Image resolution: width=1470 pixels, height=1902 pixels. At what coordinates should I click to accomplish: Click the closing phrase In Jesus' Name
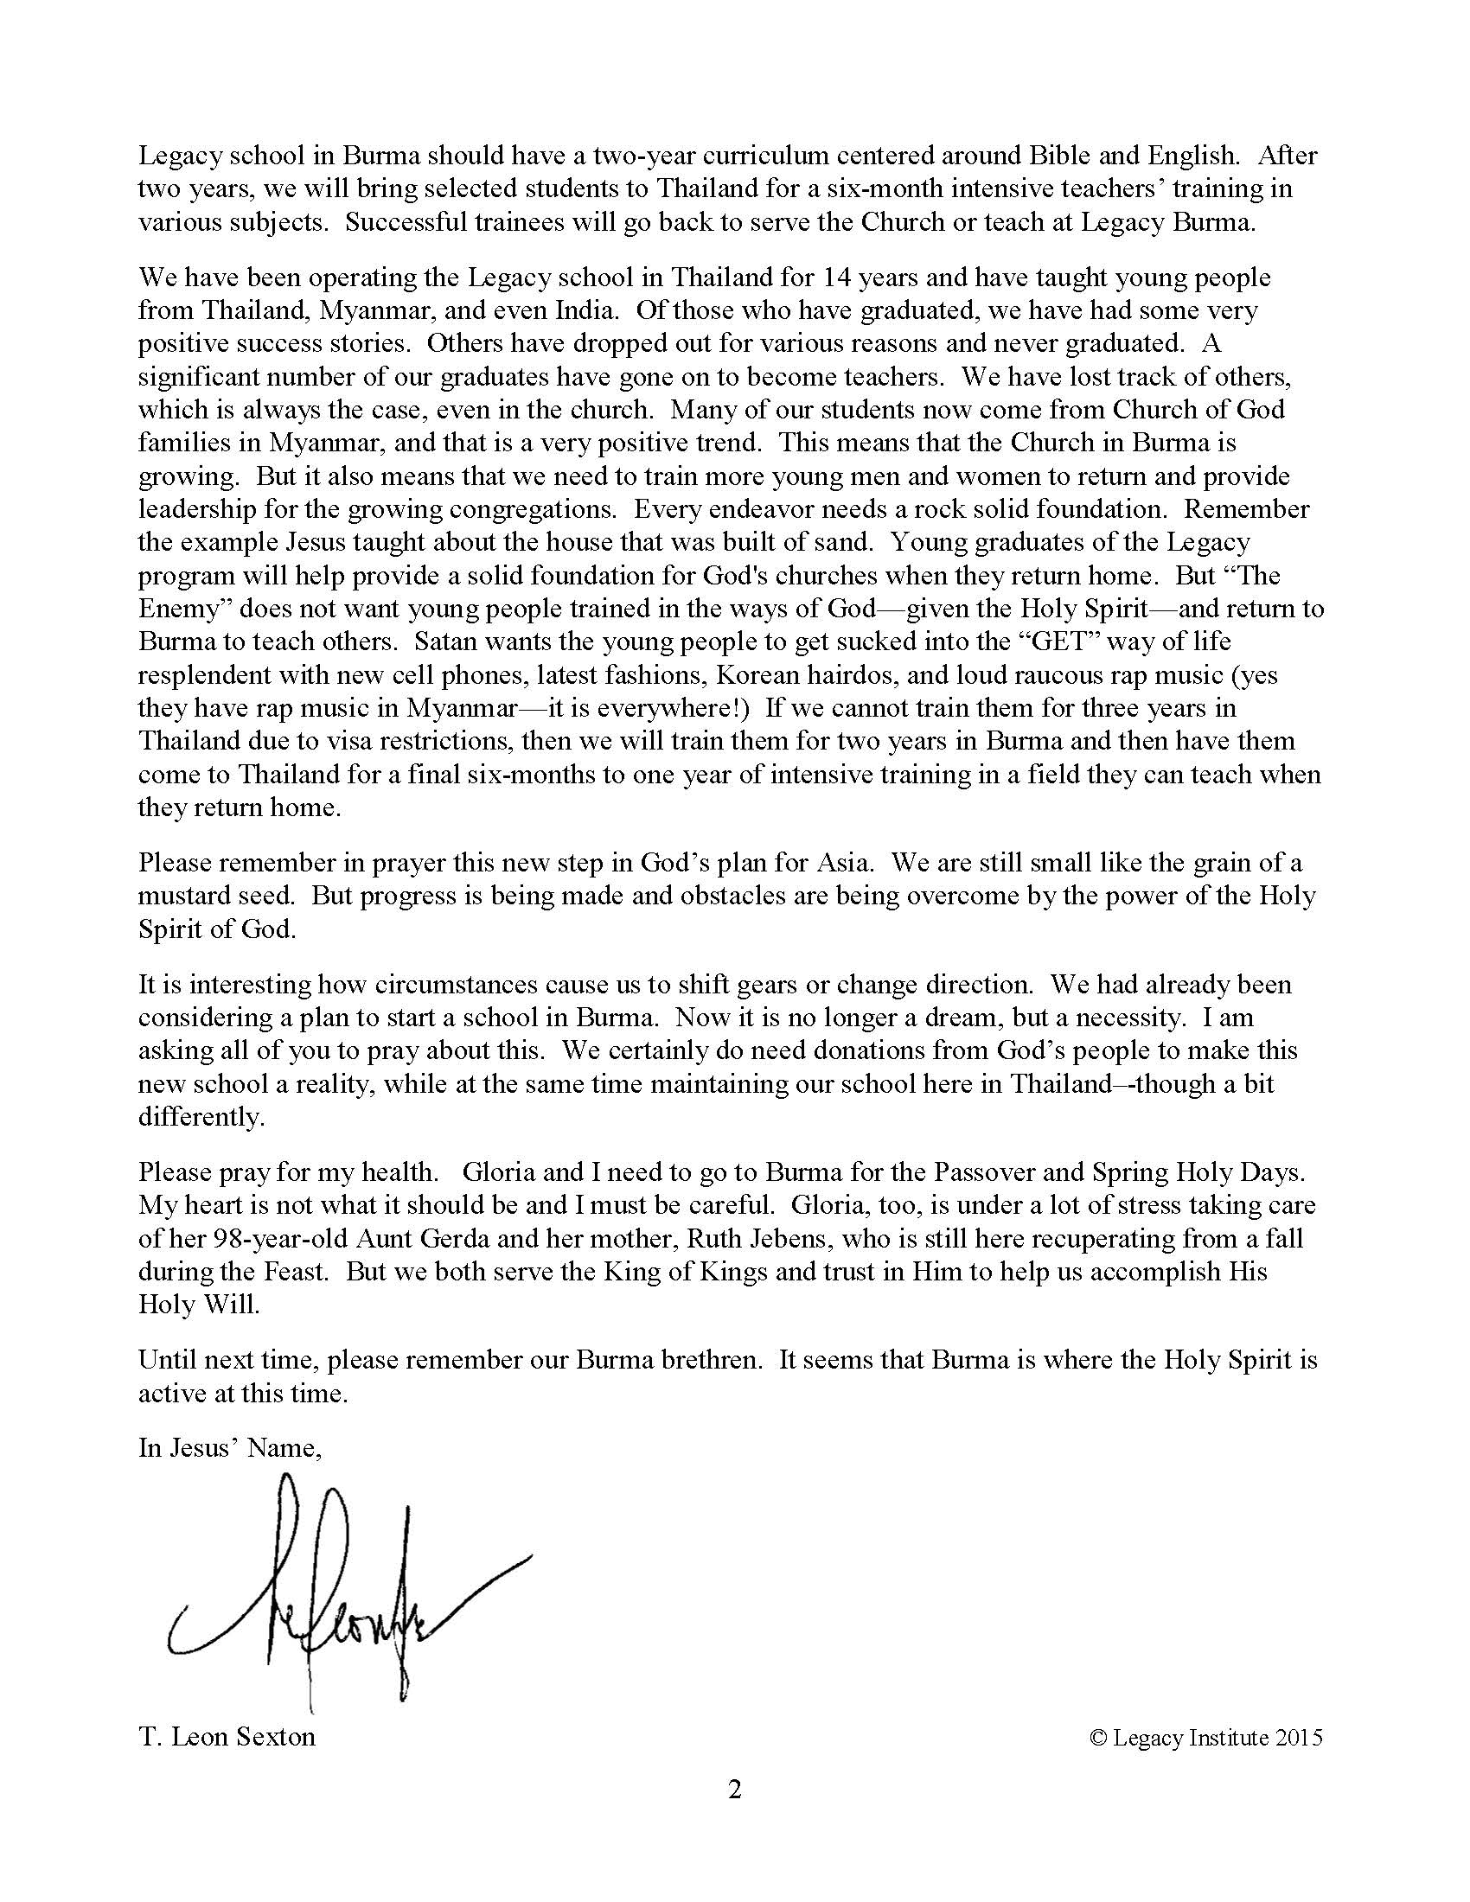point(229,1447)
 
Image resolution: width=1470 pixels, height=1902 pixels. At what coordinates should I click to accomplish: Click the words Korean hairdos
point(798,675)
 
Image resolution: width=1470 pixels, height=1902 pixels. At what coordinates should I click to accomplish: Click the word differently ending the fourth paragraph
point(200,1117)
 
